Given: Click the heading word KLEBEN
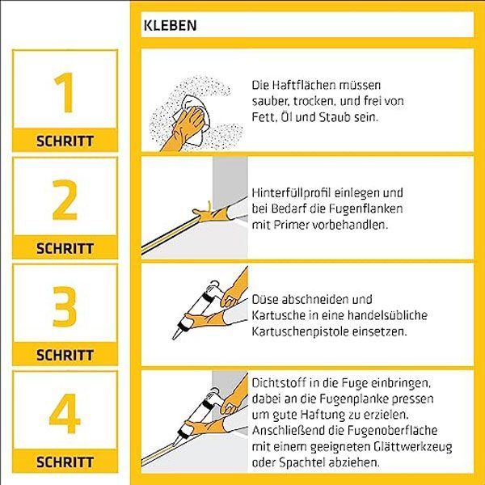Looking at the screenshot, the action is (x=170, y=25).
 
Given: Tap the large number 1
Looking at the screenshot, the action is (x=65, y=92).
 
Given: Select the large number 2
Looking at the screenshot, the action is (x=65, y=200).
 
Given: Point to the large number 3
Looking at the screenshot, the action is (x=65, y=306).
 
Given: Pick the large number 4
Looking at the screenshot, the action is (x=65, y=414).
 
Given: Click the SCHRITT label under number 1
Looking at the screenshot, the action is (x=65, y=141).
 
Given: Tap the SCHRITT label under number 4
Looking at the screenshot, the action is (x=65, y=462).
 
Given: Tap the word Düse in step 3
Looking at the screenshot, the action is (x=265, y=299).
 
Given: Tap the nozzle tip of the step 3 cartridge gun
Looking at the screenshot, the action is (x=174, y=339).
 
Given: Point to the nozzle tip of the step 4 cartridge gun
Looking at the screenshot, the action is (x=174, y=444).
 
